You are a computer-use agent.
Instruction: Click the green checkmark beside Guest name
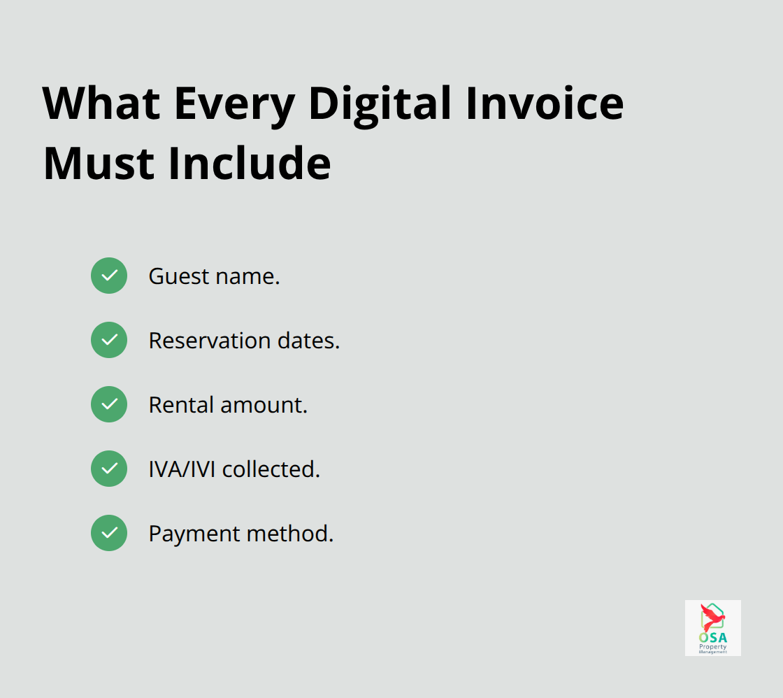109,276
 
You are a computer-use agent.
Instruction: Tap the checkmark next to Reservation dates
109,340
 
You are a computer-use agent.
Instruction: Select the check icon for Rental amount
109,404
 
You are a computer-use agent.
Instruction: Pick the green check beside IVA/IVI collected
109,469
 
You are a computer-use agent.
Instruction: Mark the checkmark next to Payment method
109,533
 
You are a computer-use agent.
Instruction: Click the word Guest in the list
168,276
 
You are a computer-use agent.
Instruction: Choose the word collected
271,469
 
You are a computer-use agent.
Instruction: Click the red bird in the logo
712,618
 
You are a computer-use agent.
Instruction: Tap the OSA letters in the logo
712,637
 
